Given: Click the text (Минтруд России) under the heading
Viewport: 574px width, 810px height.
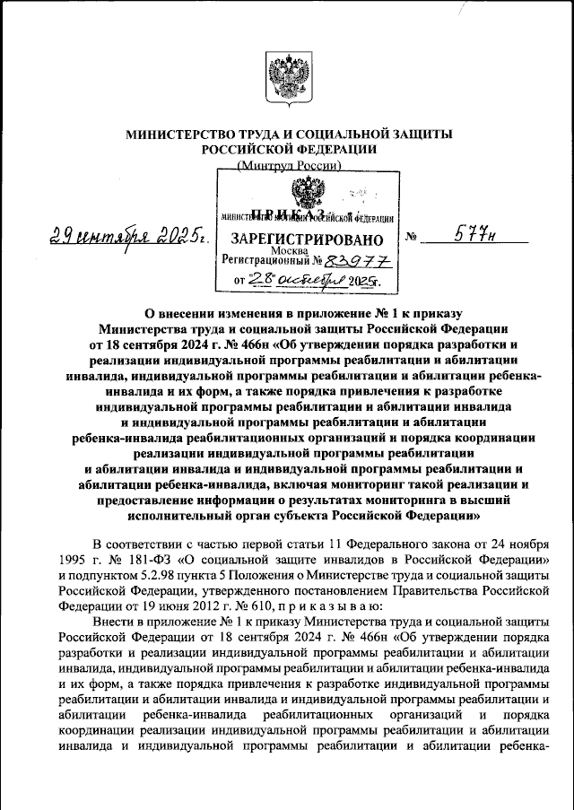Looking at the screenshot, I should pyautogui.click(x=288, y=166).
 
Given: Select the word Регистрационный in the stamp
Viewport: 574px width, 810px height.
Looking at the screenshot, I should pyautogui.click(x=264, y=261).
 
